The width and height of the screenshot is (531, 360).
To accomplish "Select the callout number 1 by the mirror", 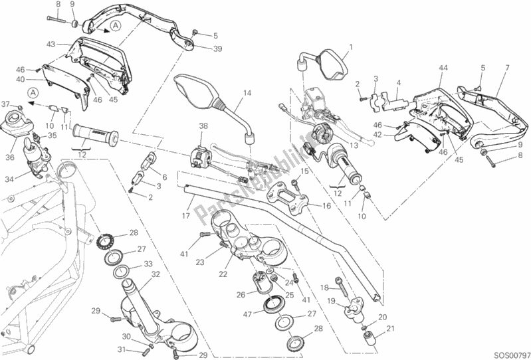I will click(352, 46).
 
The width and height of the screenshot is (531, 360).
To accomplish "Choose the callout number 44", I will click(443, 68).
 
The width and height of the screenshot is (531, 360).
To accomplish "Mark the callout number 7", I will click(507, 68).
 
